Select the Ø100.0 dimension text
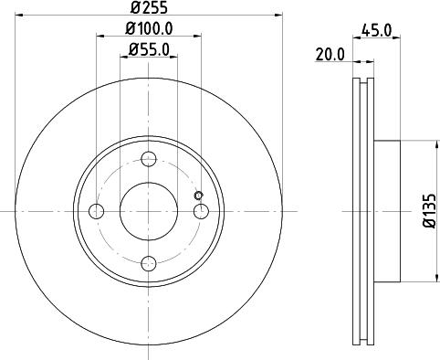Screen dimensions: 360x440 click(x=149, y=29)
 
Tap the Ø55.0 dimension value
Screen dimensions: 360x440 click(x=149, y=50)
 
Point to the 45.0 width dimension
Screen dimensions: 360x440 click(x=376, y=30)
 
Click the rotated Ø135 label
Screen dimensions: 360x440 click(x=429, y=212)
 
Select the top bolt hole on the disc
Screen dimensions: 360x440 click(x=149, y=159)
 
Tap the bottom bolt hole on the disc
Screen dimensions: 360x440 click(x=149, y=265)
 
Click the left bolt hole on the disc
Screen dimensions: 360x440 click(x=97, y=212)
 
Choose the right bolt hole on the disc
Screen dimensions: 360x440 click(x=202, y=212)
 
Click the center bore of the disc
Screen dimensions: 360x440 click(x=149, y=212)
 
